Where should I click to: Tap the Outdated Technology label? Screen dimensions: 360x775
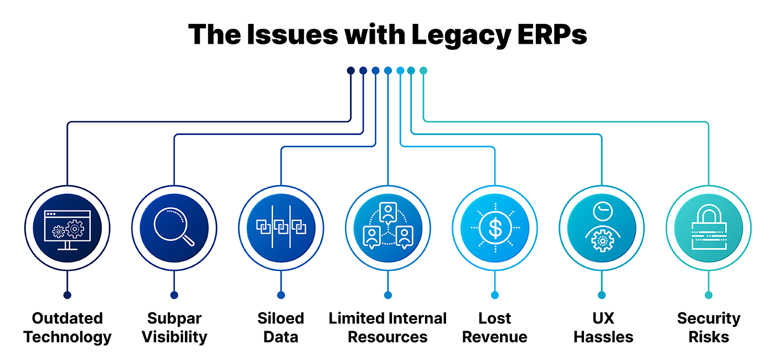pyautogui.click(x=68, y=327)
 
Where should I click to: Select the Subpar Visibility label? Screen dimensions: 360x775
pyautogui.click(x=174, y=327)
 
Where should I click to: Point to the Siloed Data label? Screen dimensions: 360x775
pyautogui.click(x=281, y=327)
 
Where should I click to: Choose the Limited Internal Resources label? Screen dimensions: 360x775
pyautogui.click(x=387, y=327)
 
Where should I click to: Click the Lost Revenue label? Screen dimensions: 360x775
pyautogui.click(x=494, y=327)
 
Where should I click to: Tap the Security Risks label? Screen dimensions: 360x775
pyautogui.click(x=709, y=327)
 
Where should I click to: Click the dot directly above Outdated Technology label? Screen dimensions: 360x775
pyautogui.click(x=68, y=295)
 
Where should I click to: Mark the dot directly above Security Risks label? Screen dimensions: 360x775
pyautogui.click(x=709, y=295)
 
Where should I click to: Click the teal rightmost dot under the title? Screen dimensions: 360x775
pyautogui.click(x=423, y=70)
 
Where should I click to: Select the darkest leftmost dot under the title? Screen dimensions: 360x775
pyautogui.click(x=350, y=70)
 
